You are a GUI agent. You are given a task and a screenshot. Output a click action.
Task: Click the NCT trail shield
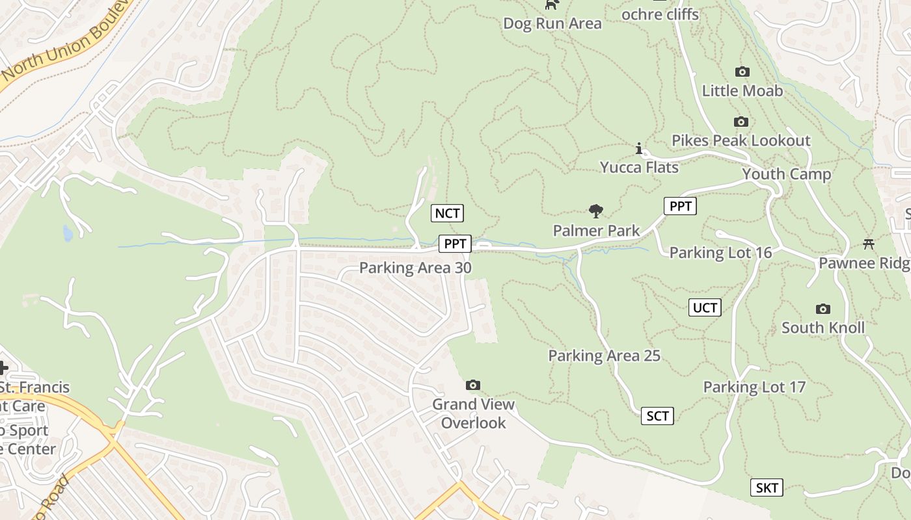point(448,213)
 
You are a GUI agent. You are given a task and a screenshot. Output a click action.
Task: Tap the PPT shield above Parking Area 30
point(455,244)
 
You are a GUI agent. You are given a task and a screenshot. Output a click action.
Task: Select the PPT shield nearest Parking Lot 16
point(680,206)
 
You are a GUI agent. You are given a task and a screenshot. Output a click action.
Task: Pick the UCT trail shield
point(705,307)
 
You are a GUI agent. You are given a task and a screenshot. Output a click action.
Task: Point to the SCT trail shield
point(657,416)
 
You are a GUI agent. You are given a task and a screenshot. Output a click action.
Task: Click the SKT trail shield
point(767,487)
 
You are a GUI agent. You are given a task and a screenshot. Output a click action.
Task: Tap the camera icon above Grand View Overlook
point(473,385)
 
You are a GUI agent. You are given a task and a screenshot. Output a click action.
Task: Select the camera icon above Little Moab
point(742,71)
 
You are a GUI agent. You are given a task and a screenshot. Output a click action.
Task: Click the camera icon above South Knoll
point(823,309)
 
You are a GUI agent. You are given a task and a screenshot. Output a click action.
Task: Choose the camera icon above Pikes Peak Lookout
point(741,122)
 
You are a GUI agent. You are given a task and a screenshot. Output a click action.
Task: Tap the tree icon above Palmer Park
point(595,211)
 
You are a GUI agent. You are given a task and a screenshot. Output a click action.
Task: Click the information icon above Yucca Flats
point(639,149)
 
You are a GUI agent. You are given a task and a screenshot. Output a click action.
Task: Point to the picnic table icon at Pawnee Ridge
point(868,244)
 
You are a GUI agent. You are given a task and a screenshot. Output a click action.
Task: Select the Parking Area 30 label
point(415,268)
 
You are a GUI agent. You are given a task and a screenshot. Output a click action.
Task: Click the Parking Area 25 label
point(604,356)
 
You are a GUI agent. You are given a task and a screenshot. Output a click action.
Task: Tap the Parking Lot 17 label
point(754,387)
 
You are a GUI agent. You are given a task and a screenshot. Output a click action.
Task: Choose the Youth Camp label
point(787,174)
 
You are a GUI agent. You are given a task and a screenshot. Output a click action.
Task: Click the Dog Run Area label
point(552,23)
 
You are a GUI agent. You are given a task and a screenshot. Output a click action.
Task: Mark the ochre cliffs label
point(660,14)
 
